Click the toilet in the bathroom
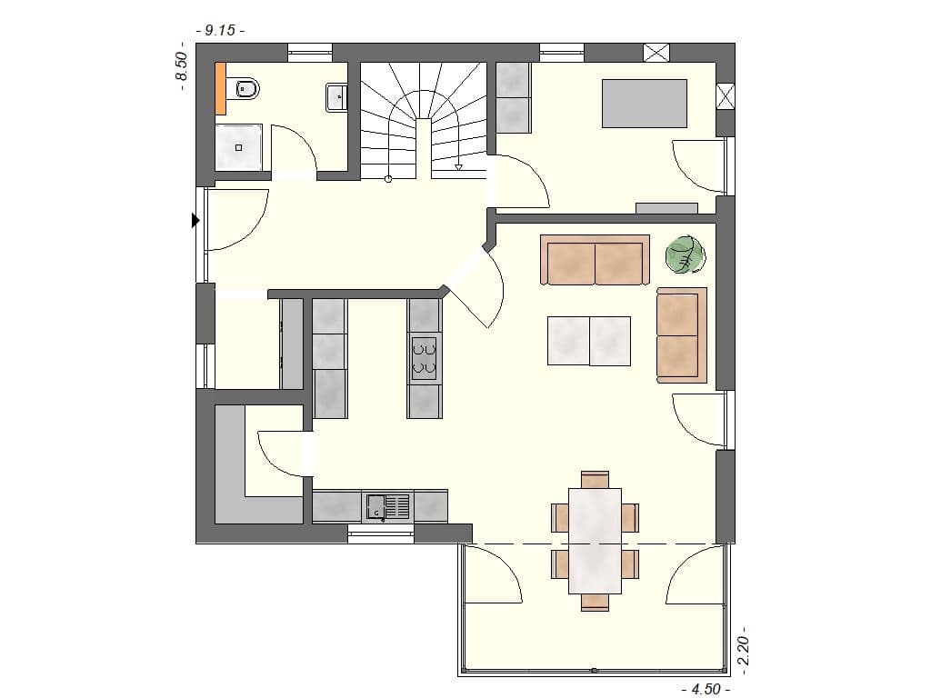[246, 89]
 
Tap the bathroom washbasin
[335, 95]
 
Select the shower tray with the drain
[241, 147]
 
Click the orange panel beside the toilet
[220, 88]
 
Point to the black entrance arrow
[195, 220]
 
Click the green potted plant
[686, 254]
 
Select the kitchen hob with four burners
[424, 356]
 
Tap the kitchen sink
[388, 506]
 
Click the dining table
[595, 540]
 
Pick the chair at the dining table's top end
[595, 479]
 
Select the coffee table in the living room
[588, 340]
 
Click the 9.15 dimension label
[220, 30]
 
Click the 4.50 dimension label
[705, 689]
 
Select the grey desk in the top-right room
[644, 103]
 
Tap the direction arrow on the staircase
[459, 167]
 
